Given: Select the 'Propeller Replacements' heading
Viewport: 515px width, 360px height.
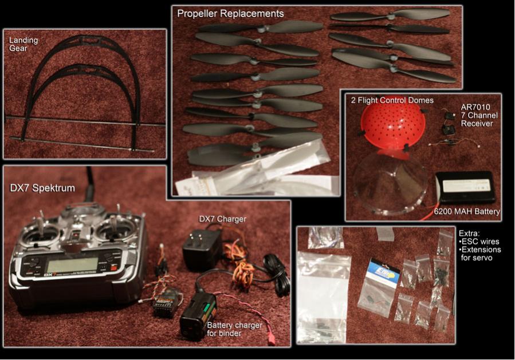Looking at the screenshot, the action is tap(230, 14).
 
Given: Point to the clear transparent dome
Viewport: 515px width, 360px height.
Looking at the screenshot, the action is tap(391, 183).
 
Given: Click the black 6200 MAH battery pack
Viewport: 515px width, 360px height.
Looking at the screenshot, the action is tap(465, 187).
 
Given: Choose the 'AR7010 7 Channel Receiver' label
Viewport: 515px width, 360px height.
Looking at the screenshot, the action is tap(479, 116).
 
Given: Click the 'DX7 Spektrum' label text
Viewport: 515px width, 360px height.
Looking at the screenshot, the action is tap(42, 188).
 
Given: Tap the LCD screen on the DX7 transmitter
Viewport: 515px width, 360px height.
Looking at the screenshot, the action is tap(73, 265).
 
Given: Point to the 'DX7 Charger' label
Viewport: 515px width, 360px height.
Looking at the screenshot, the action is tap(222, 219).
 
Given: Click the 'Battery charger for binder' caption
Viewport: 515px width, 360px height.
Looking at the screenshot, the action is tap(234, 329).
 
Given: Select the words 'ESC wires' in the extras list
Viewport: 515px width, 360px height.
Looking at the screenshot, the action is tap(480, 242).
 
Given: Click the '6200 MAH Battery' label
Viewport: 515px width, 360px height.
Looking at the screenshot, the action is tap(467, 212).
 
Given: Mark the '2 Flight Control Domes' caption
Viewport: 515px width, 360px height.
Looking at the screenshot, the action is tap(392, 100).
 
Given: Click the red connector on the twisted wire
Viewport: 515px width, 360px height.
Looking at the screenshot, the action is tap(272, 341).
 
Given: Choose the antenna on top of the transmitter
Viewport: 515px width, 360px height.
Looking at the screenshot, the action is tap(89, 184).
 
